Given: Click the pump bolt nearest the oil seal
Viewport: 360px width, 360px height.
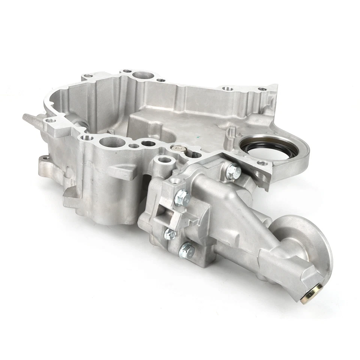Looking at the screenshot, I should tap(233, 171).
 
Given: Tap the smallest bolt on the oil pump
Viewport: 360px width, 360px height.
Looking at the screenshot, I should tap(170, 235).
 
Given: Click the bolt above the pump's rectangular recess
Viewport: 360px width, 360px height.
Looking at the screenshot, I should tap(183, 197).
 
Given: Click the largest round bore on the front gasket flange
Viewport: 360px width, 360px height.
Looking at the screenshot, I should tap(111, 142).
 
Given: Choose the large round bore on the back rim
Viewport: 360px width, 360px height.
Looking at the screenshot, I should tap(142, 75).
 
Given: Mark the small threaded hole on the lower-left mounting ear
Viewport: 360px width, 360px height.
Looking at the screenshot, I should tap(46, 158).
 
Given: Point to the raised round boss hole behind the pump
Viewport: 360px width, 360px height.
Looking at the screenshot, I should tap(164, 160).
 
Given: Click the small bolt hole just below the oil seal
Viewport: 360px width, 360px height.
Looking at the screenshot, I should tap(262, 163).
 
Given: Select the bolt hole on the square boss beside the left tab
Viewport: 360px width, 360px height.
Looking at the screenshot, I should tap(50, 120).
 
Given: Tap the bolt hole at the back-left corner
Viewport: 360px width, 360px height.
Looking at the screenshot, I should tap(88, 76).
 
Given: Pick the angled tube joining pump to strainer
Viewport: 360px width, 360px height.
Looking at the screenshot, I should tap(240, 217).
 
